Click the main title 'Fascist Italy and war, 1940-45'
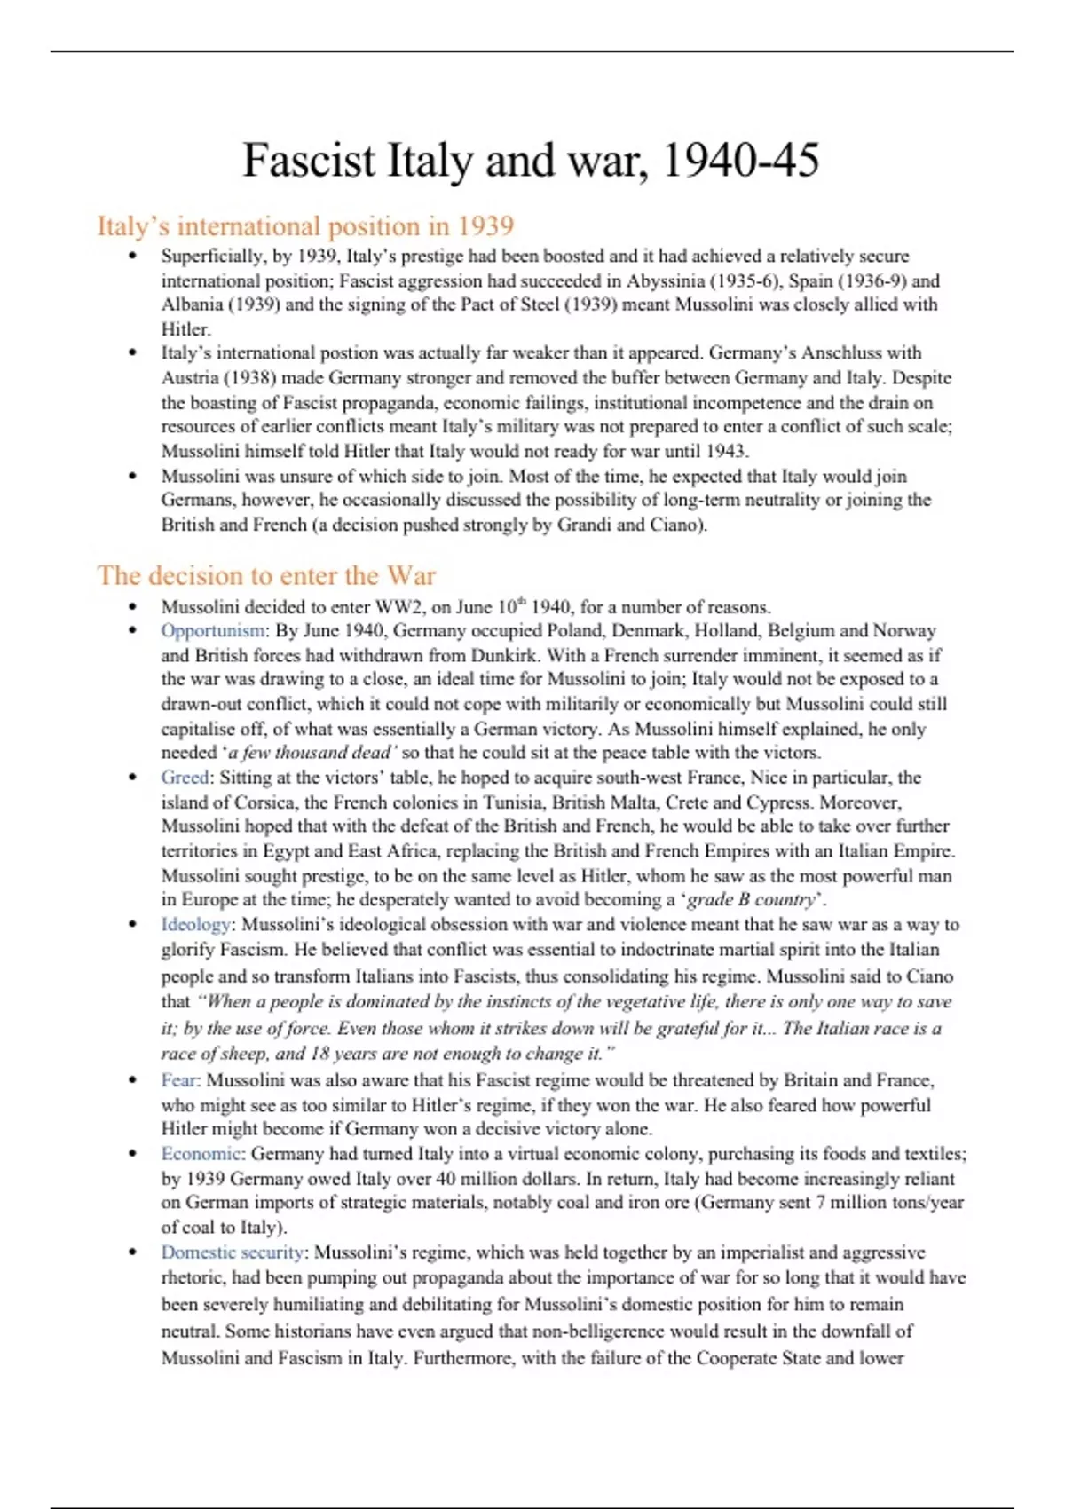531,161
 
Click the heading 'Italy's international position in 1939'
305,226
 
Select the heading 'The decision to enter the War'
266,575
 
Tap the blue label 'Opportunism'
212,631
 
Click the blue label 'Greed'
185,778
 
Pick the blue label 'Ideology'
195,925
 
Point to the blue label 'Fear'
179,1080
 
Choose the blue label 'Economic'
201,1154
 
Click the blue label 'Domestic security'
233,1252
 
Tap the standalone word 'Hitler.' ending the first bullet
185,329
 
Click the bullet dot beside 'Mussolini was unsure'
132,476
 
